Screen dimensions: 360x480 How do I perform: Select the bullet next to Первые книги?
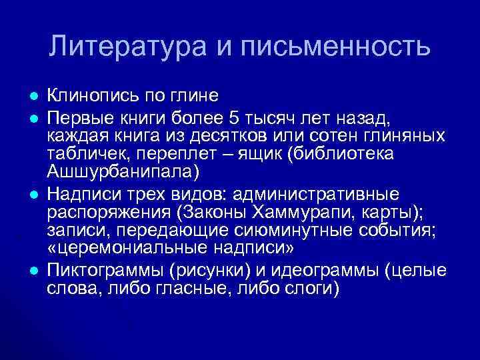point(33,119)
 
